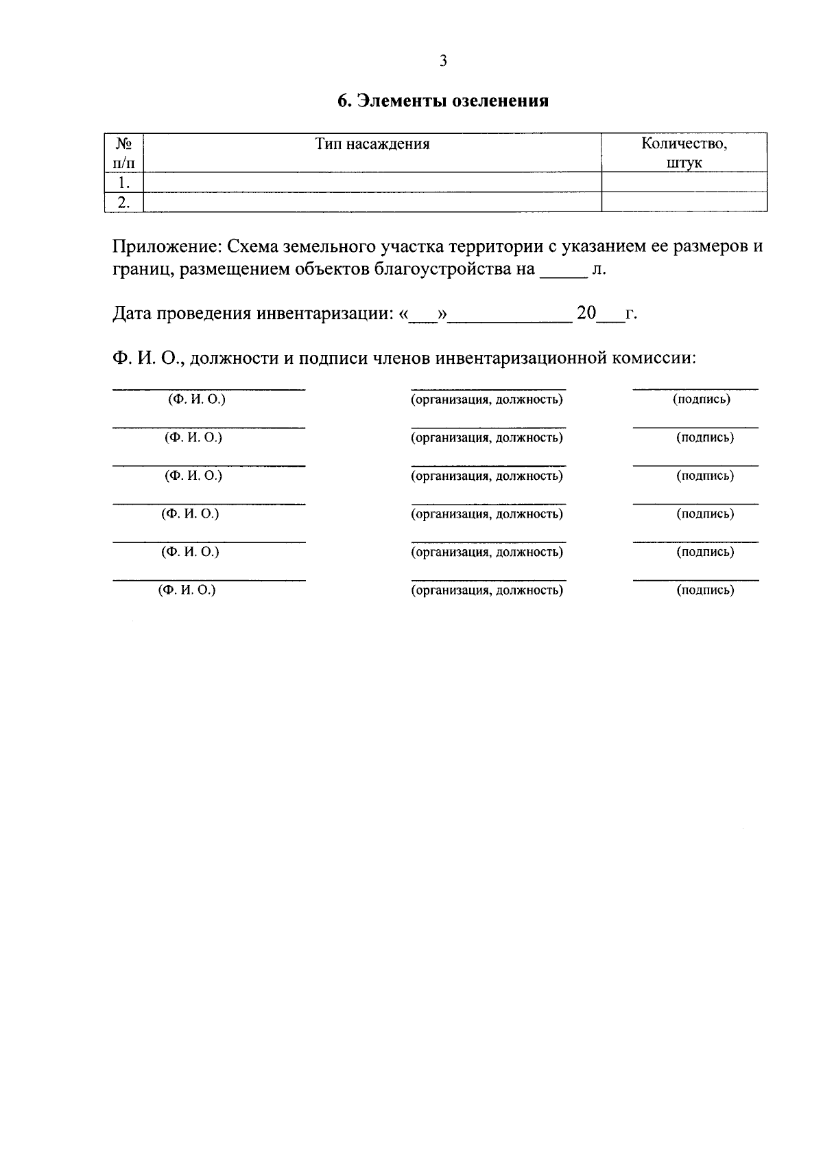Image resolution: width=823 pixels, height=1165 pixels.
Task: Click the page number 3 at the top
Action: pyautogui.click(x=443, y=61)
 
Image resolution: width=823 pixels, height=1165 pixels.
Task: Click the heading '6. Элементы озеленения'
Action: pyautogui.click(x=443, y=101)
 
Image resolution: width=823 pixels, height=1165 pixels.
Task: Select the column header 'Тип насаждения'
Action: pyautogui.click(x=372, y=144)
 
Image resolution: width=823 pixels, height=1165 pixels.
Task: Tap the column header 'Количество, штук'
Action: pyautogui.click(x=684, y=153)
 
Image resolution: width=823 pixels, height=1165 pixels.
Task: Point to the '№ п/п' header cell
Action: pyautogui.click(x=123, y=153)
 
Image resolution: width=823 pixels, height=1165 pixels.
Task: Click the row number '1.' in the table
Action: pyautogui.click(x=123, y=183)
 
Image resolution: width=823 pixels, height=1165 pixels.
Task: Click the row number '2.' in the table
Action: pyautogui.click(x=123, y=203)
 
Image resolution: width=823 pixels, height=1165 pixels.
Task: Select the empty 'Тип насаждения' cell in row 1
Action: pyautogui.click(x=372, y=183)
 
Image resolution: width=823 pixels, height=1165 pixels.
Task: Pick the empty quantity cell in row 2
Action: pyautogui.click(x=684, y=203)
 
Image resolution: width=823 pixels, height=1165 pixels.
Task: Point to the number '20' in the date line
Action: pyautogui.click(x=586, y=314)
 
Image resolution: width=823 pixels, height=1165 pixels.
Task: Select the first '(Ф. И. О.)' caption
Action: pyautogui.click(x=197, y=399)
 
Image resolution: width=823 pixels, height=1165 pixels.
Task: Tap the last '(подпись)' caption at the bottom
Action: pyautogui.click(x=705, y=590)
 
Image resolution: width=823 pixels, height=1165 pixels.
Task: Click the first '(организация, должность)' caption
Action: pyautogui.click(x=487, y=400)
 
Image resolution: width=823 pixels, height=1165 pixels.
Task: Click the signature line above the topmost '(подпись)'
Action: pyautogui.click(x=695, y=390)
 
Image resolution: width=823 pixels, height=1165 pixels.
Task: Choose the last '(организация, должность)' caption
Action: pyautogui.click(x=487, y=590)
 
